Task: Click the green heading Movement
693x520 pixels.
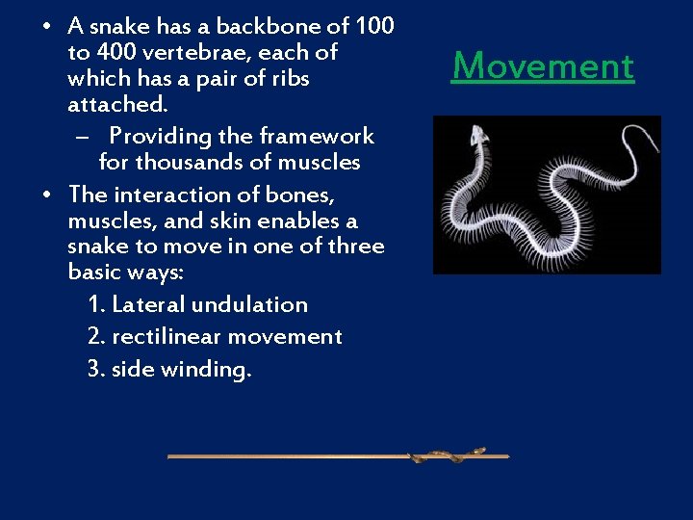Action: (x=543, y=66)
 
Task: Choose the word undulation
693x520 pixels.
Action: (x=249, y=305)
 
